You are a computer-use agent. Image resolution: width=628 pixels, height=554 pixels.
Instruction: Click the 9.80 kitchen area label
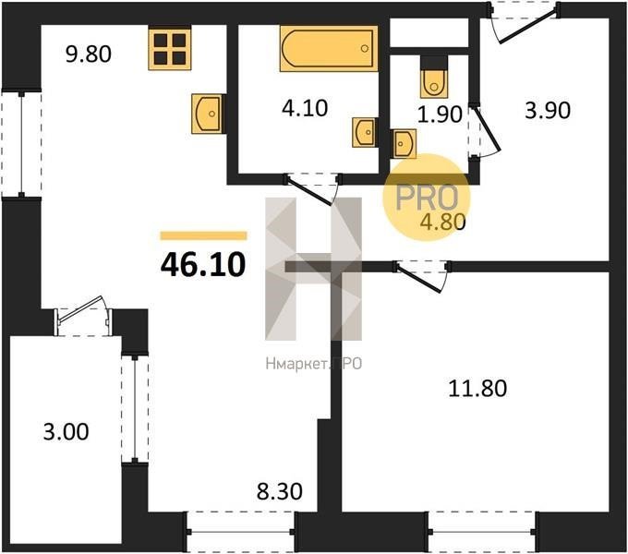[89, 54]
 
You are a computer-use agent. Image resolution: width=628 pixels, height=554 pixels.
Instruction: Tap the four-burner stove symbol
[170, 48]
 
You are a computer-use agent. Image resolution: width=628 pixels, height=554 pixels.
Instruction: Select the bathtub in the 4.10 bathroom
[329, 48]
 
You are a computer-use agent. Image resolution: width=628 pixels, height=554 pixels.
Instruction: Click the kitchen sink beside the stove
[207, 114]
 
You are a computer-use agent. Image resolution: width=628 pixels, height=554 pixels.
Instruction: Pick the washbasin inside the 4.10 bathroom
[364, 132]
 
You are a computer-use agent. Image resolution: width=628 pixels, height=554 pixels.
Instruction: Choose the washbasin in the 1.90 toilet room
[405, 143]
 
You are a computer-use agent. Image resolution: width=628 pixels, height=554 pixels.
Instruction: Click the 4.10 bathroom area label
[305, 108]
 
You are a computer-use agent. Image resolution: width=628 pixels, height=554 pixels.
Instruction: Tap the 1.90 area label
[440, 114]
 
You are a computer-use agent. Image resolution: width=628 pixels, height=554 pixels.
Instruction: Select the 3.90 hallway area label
[548, 111]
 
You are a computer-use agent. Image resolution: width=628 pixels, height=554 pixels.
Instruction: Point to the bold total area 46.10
[203, 265]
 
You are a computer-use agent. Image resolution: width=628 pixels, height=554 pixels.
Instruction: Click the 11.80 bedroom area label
[477, 389]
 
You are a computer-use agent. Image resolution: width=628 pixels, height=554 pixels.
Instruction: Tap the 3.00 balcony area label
[66, 432]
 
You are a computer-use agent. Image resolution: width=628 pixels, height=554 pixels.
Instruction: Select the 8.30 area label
[280, 491]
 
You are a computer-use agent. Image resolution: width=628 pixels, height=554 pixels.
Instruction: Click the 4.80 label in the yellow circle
[442, 222]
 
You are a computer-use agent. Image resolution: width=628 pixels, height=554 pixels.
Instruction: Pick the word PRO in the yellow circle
[427, 197]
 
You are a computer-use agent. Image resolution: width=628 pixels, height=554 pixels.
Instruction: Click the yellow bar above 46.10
[203, 235]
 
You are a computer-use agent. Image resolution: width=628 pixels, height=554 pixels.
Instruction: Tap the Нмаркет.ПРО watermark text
[314, 364]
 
